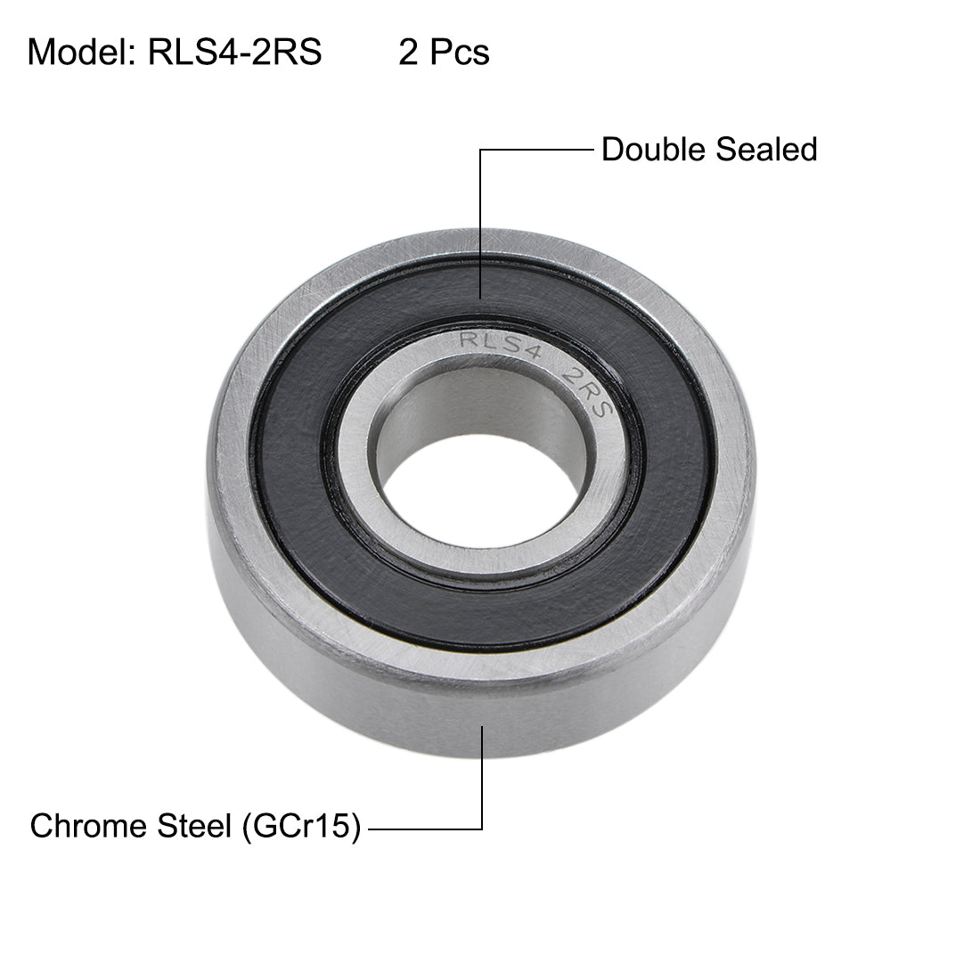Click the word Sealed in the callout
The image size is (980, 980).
pyautogui.click(x=767, y=149)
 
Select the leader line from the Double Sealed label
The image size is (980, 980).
pyautogui.click(x=482, y=223)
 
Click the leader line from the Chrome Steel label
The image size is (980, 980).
pyautogui.click(x=482, y=775)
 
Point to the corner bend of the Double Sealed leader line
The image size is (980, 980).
pyautogui.click(x=482, y=151)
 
